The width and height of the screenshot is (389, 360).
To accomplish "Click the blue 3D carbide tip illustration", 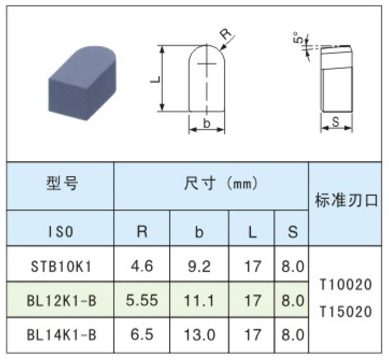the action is click(x=82, y=83).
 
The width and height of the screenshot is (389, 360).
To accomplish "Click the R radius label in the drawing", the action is click(x=226, y=34).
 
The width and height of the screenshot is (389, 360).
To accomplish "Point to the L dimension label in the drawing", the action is click(x=156, y=80).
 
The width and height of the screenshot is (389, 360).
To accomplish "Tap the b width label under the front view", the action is click(x=206, y=123).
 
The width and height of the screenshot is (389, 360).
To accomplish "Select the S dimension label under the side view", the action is click(x=335, y=122).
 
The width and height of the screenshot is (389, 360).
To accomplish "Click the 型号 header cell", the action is click(x=62, y=183).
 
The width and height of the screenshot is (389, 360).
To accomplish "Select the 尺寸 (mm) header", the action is click(x=220, y=183).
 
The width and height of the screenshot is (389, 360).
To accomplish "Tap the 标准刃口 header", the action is click(x=347, y=200).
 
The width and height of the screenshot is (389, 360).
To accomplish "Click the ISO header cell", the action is click(x=61, y=232).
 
